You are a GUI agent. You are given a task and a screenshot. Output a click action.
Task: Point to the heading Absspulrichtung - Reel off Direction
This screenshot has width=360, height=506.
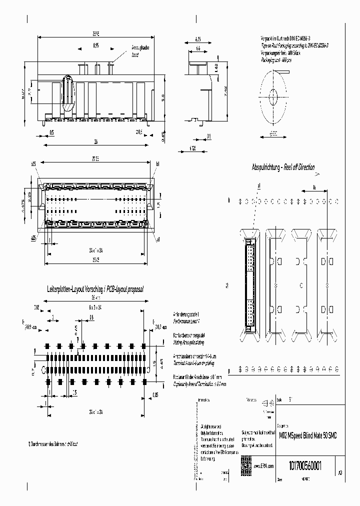[283, 167]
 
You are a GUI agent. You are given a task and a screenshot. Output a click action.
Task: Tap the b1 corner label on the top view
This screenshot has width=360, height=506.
[157, 163]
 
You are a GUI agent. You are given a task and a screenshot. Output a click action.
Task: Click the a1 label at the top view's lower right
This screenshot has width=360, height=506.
[158, 240]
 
